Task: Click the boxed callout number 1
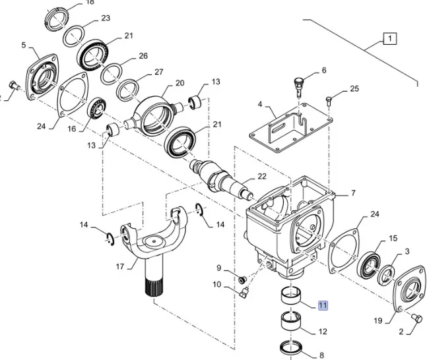click(389, 40)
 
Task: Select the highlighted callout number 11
click(322, 305)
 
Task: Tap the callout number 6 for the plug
click(323, 71)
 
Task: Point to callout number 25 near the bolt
click(354, 89)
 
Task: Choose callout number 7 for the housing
click(352, 193)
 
